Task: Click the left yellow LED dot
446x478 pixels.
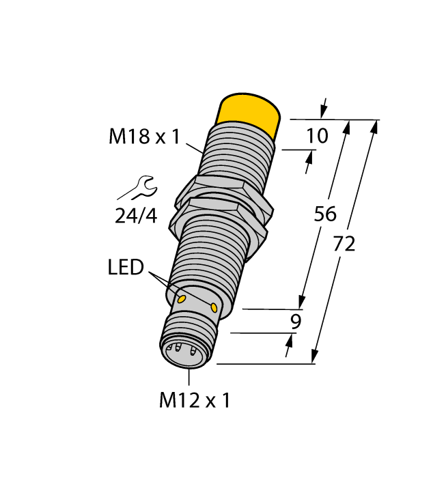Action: pyautogui.click(x=182, y=299)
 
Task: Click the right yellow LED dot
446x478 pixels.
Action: pyautogui.click(x=215, y=309)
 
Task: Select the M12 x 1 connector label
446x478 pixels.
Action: pyautogui.click(x=194, y=401)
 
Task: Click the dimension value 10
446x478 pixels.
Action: pyautogui.click(x=316, y=136)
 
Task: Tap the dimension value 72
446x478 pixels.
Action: pyautogui.click(x=344, y=243)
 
